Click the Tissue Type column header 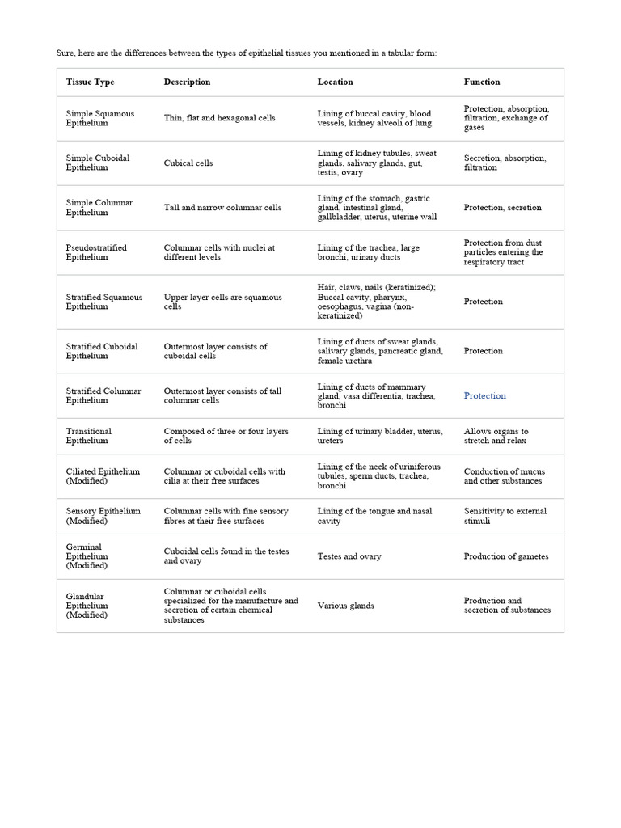coord(90,82)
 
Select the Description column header coord(187,82)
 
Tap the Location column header coord(335,82)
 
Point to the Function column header coord(482,82)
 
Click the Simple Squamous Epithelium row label coord(100,118)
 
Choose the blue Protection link coord(485,395)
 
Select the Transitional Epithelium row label coord(89,436)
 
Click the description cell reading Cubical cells coord(188,163)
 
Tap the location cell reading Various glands coord(345,606)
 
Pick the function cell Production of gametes coord(506,556)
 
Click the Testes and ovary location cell coord(349,556)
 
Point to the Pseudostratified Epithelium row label coord(96,252)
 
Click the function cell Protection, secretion coord(502,208)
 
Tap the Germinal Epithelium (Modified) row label coord(87,556)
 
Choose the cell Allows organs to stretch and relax coord(496,436)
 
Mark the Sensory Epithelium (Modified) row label coord(103,516)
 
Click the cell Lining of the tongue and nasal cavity coord(374,516)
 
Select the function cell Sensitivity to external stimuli coord(505,516)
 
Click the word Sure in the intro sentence coord(65,53)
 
